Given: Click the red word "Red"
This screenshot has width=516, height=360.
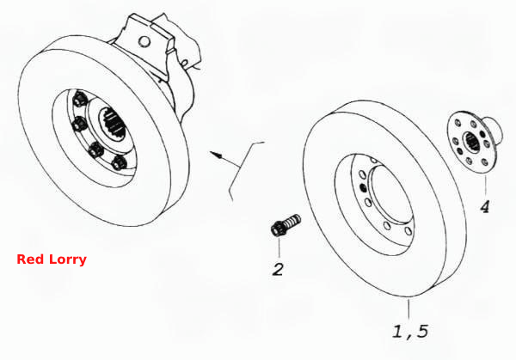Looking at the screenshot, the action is click(x=30, y=259).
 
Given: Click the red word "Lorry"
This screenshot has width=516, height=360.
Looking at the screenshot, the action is click(x=68, y=259).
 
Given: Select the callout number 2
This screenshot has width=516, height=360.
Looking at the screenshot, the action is click(x=278, y=270).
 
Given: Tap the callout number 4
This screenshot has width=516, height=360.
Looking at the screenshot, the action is click(x=485, y=207).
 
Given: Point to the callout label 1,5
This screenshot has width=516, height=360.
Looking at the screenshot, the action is click(x=411, y=332).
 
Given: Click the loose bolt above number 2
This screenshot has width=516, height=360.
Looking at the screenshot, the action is click(x=285, y=224).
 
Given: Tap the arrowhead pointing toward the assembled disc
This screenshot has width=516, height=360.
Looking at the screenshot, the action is click(x=215, y=154).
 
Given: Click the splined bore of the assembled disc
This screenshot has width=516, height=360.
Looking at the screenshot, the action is click(x=114, y=123).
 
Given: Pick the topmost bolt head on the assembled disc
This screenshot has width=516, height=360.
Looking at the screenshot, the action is click(x=80, y=98).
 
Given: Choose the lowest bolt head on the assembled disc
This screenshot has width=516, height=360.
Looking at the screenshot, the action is click(x=119, y=162).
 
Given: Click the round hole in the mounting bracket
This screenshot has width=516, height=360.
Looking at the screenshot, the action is click(x=144, y=41).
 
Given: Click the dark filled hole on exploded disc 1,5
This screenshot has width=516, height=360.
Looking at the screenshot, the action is click(x=364, y=187).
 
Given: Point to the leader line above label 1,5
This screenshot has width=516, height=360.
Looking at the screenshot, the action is click(x=408, y=309).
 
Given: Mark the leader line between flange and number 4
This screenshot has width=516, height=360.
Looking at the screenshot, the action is click(x=485, y=186).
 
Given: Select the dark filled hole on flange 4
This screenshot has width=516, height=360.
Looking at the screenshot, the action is click(x=482, y=134).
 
